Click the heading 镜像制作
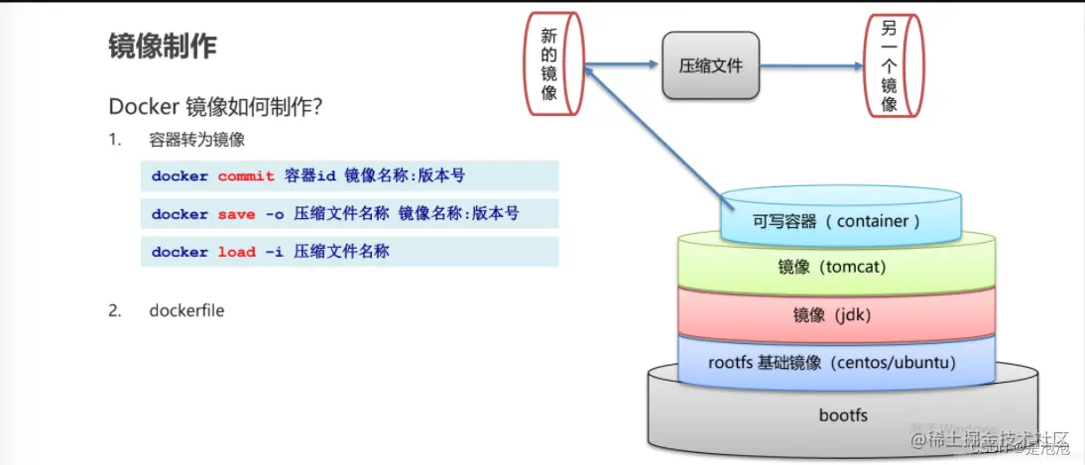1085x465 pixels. [x=163, y=47]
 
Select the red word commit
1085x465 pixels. [x=246, y=176]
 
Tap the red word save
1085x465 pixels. [x=236, y=214]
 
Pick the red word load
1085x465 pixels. [x=236, y=252]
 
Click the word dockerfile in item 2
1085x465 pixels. [x=186, y=310]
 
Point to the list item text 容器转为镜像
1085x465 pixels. [x=196, y=140]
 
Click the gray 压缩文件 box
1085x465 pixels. [x=710, y=66]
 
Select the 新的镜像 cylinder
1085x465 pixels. [x=551, y=65]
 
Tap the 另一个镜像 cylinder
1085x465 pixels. [x=890, y=65]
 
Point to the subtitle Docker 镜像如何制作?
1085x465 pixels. [x=217, y=105]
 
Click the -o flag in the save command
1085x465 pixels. [x=274, y=214]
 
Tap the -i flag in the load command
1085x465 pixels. [x=274, y=252]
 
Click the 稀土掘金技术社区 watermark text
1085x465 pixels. [x=992, y=438]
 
